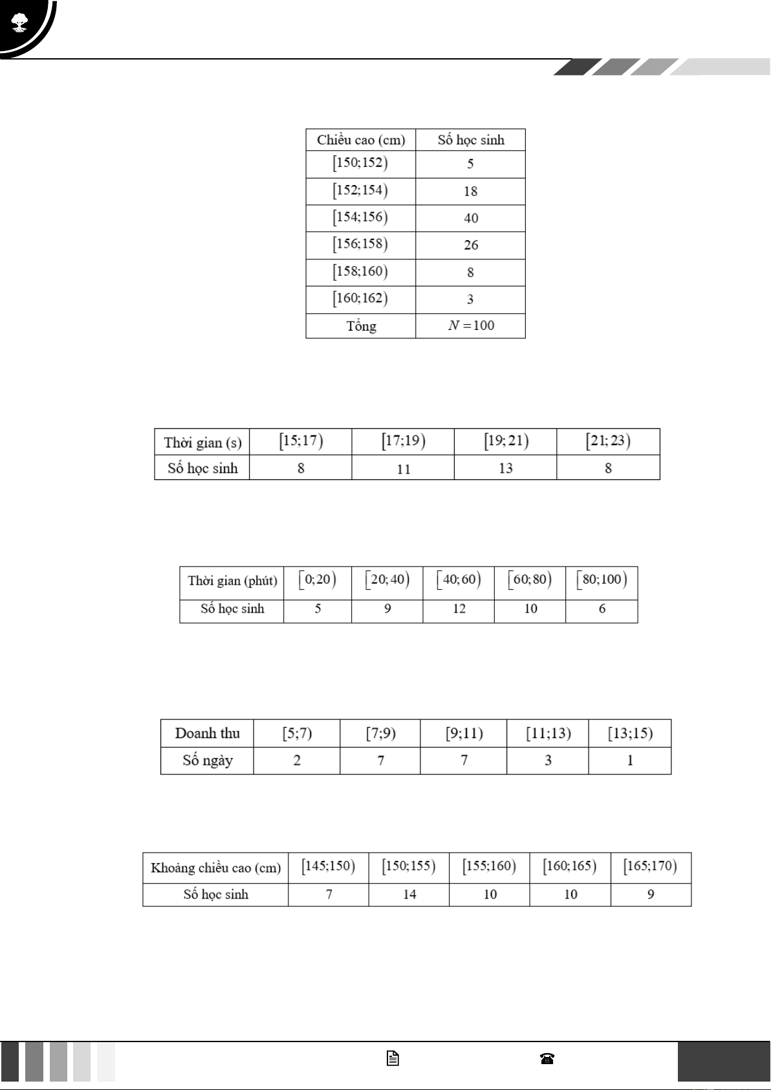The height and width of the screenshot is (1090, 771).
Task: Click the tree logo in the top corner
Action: click(19, 23)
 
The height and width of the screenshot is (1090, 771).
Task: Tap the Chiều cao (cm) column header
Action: click(360, 140)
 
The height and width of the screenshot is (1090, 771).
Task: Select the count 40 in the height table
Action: click(471, 219)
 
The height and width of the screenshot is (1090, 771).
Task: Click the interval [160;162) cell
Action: click(360, 299)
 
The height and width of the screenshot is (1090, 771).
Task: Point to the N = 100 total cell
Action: click(471, 325)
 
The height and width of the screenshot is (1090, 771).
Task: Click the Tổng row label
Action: click(361, 326)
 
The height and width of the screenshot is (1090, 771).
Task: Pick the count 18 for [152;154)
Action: click(470, 191)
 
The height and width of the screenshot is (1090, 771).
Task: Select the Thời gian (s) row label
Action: click(202, 442)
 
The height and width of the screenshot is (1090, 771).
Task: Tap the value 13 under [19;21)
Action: click(505, 468)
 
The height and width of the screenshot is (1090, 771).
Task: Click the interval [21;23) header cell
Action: click(608, 441)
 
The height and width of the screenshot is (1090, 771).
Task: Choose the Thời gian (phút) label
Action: click(232, 581)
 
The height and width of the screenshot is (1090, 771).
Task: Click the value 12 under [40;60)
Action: click(459, 609)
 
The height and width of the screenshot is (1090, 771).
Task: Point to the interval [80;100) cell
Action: click(602, 580)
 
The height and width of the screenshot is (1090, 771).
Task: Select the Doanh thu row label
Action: click(207, 734)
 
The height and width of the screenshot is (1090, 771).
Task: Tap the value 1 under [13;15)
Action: click(630, 761)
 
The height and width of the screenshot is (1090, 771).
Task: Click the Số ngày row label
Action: click(207, 761)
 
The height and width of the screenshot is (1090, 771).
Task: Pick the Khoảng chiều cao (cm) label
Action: click(215, 868)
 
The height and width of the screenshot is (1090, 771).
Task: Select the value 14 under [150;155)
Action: click(409, 895)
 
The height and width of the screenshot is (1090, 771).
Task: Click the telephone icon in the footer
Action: click(547, 1058)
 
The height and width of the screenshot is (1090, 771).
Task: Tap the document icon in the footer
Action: click(393, 1058)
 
